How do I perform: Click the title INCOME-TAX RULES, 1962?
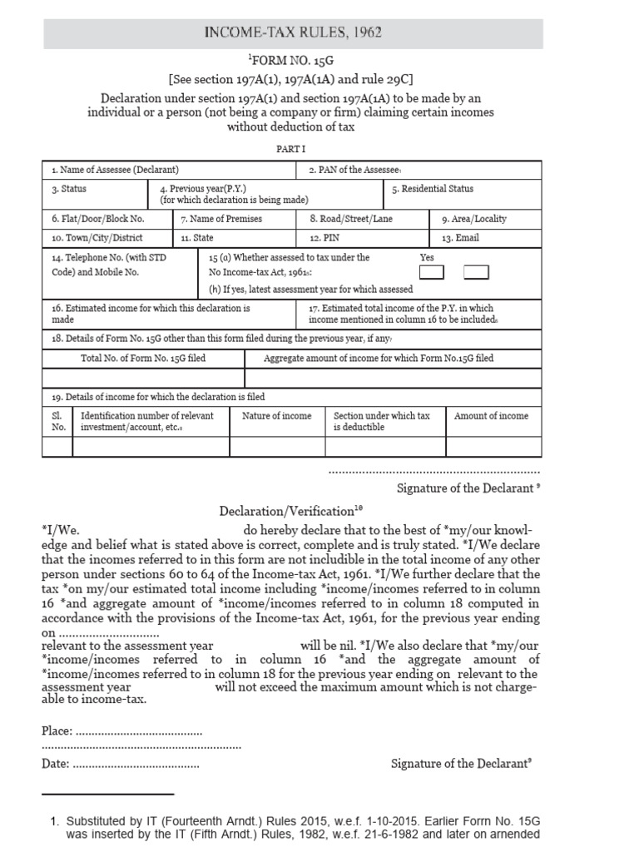[x=294, y=33]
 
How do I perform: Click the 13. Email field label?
[x=460, y=238]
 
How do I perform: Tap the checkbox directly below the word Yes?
[x=432, y=273]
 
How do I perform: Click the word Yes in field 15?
[x=428, y=258]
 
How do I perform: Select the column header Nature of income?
[x=277, y=416]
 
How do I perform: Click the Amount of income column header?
[x=491, y=416]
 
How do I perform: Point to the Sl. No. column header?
[x=58, y=422]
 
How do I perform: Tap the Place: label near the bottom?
[x=57, y=732]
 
